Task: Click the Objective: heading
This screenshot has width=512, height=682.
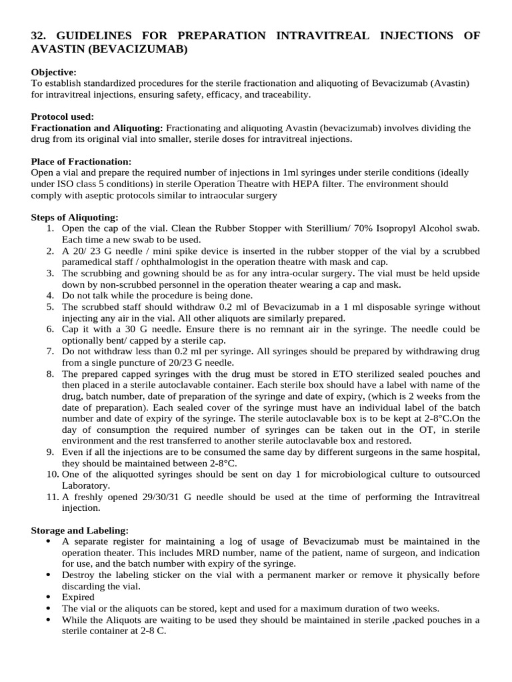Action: coord(54,72)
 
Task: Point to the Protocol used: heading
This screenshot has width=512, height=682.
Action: coord(61,117)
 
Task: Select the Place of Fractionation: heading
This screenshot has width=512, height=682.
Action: coord(81,162)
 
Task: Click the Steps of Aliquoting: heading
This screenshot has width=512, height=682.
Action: coord(75,217)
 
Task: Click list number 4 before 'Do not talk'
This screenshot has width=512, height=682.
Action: coord(51,296)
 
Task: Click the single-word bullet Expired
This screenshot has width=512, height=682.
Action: coord(79,597)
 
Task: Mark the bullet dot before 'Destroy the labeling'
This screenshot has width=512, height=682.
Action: coord(51,575)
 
